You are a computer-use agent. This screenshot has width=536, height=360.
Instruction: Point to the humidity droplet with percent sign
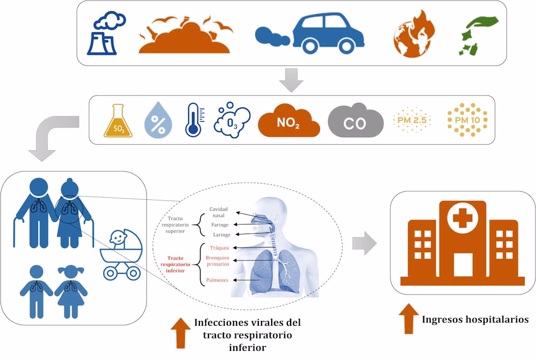[x=158, y=120]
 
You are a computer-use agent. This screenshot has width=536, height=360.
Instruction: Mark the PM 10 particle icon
[x=467, y=121]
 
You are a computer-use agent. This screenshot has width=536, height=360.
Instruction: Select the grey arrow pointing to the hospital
[x=364, y=244]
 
